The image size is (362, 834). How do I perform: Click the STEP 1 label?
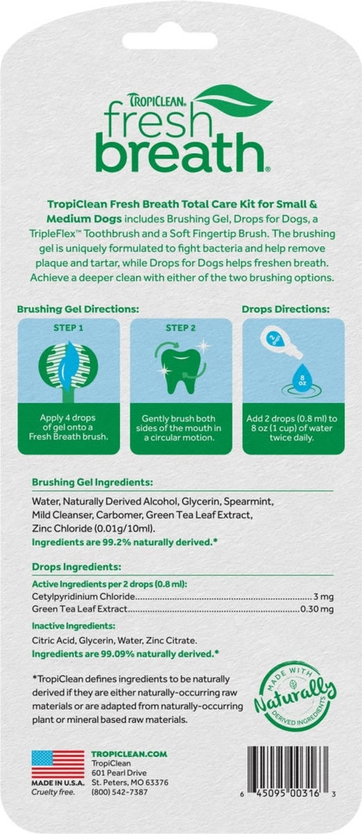(69, 328)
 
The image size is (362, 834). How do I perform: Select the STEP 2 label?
(181, 328)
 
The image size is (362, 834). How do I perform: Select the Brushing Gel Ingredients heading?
(92, 482)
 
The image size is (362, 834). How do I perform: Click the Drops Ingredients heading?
(76, 567)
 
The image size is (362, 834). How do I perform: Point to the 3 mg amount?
(324, 597)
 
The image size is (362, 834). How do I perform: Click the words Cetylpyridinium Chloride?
(83, 596)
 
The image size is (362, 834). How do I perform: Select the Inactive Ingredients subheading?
(73, 626)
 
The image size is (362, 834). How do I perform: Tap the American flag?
(58, 764)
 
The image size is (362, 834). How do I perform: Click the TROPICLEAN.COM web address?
(129, 754)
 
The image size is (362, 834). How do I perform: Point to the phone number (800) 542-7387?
(120, 792)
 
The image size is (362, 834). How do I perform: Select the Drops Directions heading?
(286, 309)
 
